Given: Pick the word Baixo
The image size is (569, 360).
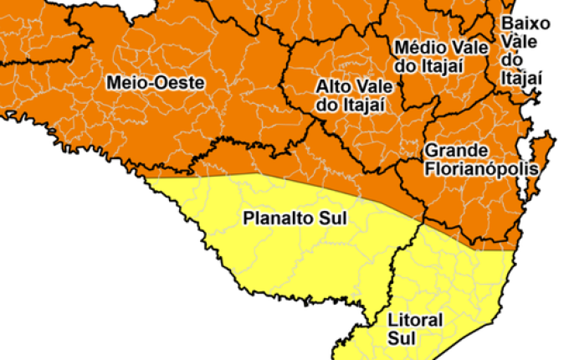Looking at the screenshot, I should [x=524, y=23].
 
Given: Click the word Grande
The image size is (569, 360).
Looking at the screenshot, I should [x=456, y=151].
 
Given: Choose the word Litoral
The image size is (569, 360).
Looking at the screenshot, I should [x=414, y=321].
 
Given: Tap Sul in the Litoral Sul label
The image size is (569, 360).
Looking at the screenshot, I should [x=401, y=338].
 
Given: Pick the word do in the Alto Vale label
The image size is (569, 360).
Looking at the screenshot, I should [x=326, y=105].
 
